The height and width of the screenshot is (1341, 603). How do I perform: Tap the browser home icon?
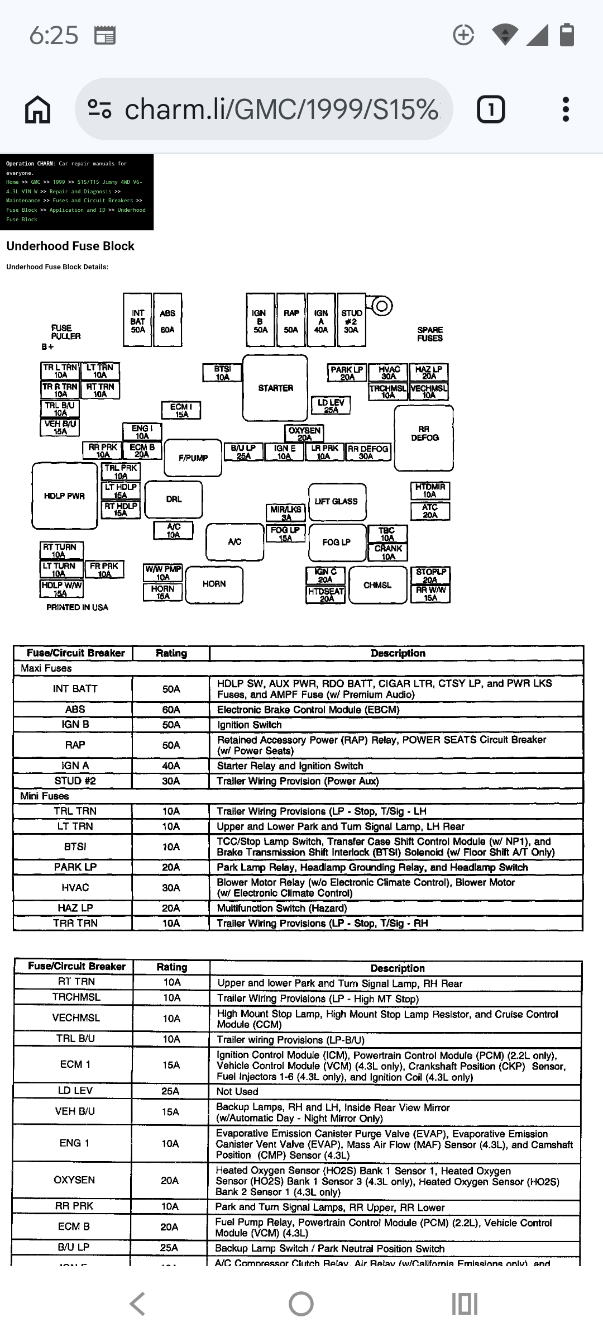[x=38, y=109]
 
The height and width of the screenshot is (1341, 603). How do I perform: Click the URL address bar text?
[x=281, y=109]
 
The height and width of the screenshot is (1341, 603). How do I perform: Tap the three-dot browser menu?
[x=566, y=109]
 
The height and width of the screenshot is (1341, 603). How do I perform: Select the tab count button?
[x=491, y=109]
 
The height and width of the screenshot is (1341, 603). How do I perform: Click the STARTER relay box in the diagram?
[x=275, y=388]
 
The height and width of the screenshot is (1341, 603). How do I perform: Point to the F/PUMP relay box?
[x=193, y=458]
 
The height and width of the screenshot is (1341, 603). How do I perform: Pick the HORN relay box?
[x=214, y=584]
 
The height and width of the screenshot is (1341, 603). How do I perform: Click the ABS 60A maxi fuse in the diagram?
[x=167, y=321]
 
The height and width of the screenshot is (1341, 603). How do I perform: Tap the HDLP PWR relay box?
[x=65, y=496]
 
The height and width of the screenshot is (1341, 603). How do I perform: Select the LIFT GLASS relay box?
[x=337, y=501]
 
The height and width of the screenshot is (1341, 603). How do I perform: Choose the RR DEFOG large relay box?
[x=424, y=438]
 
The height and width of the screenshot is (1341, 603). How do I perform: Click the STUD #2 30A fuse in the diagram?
[x=351, y=321]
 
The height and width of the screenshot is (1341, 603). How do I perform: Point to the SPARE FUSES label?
[x=430, y=334]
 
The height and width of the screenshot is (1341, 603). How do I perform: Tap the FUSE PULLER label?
[x=66, y=332]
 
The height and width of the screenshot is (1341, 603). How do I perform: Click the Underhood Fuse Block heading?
[x=70, y=246]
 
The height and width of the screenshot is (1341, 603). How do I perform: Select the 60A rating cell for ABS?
[x=171, y=709]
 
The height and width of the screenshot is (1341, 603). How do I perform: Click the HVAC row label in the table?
[x=75, y=887]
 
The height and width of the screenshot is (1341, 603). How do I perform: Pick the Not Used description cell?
[x=237, y=1091]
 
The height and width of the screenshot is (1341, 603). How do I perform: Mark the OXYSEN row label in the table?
[x=74, y=1180]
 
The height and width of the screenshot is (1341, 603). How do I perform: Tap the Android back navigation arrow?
[x=137, y=1304]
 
